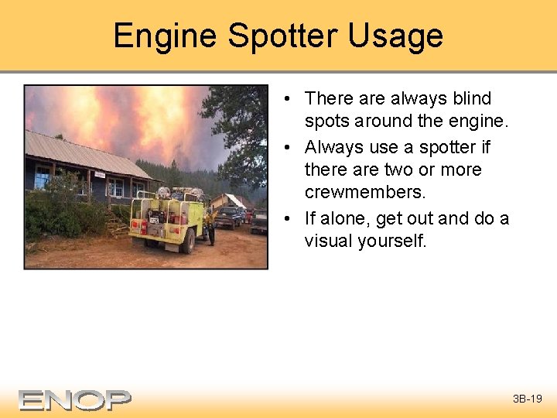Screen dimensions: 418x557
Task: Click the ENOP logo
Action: click(x=75, y=399)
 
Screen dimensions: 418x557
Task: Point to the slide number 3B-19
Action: click(x=528, y=399)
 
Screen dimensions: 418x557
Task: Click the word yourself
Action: click(x=392, y=241)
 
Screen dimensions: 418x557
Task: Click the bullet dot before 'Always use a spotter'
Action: click(x=287, y=147)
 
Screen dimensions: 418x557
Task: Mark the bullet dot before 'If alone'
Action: click(x=287, y=218)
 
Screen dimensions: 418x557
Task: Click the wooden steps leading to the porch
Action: click(x=117, y=228)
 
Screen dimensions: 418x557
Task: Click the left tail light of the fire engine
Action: click(x=142, y=226)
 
